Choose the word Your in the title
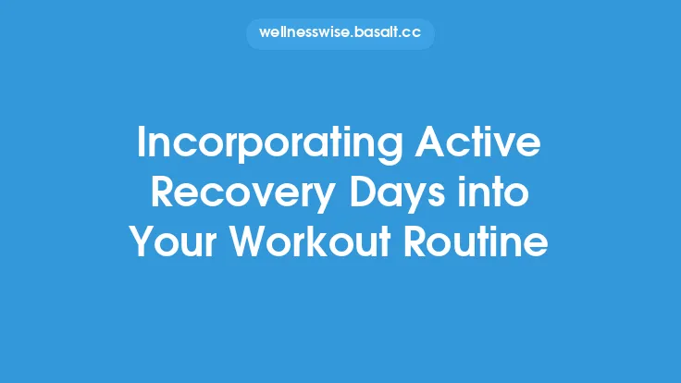pyautogui.click(x=173, y=242)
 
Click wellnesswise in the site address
pyautogui.click(x=304, y=34)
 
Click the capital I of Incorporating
pyautogui.click(x=141, y=144)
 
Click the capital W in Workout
pyautogui.click(x=249, y=242)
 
